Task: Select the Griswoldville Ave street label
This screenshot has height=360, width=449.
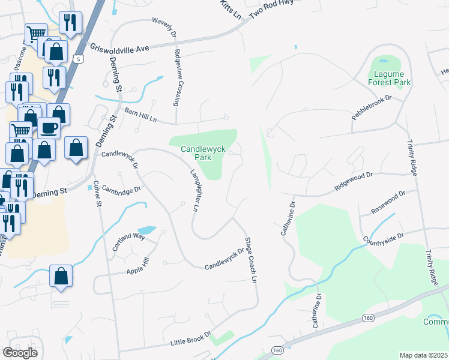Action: tap(119, 48)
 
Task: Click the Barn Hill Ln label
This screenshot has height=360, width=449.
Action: tap(140, 115)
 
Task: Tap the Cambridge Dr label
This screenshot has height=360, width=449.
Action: tap(121, 189)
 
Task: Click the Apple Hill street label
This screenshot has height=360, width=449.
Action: tap(137, 267)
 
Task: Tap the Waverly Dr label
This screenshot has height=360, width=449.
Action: tap(163, 26)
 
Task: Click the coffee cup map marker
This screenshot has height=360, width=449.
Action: tap(49, 128)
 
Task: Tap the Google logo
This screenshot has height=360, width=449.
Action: tap(20, 352)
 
